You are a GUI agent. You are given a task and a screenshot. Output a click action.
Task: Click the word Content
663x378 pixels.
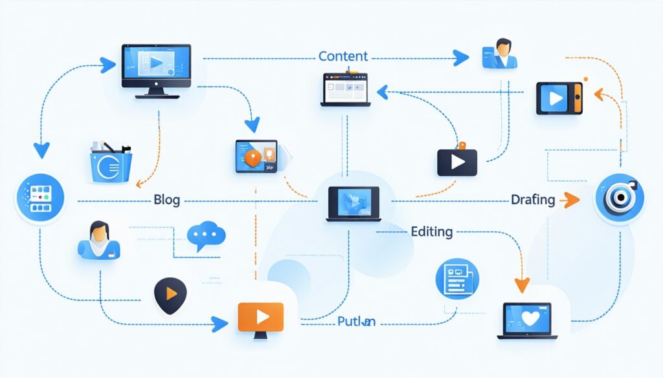[x=343, y=56]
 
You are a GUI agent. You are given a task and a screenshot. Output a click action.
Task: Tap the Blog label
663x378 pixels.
[x=167, y=200]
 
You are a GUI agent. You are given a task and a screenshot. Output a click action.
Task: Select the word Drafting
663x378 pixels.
[x=532, y=200]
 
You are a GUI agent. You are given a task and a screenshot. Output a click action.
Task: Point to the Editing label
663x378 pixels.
[x=431, y=231]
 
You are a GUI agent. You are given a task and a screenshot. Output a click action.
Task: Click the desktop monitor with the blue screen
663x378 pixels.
[x=156, y=70]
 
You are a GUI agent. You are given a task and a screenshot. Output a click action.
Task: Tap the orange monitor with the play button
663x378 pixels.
[x=261, y=318]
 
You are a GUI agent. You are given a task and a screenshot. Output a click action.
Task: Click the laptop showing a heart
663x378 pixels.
[x=527, y=320]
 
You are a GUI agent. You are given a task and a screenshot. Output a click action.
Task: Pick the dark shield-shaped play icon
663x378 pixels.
[x=170, y=295]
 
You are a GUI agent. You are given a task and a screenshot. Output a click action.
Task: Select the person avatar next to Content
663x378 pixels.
[x=499, y=54]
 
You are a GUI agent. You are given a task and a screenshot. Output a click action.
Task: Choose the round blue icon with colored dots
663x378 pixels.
[x=40, y=198]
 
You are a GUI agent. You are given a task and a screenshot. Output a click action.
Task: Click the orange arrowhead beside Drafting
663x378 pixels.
[x=570, y=200]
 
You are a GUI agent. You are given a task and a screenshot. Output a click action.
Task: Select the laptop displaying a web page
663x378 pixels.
[x=346, y=89]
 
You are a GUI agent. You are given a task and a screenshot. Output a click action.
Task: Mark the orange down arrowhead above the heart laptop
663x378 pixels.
[x=522, y=284]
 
